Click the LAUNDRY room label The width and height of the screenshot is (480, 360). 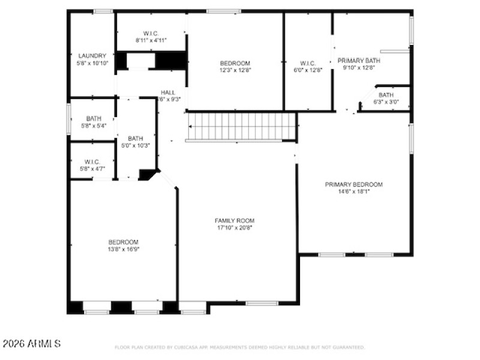92,55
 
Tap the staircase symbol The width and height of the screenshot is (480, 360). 242,127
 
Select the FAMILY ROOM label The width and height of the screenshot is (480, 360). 235,221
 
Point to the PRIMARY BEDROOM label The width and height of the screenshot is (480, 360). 353,185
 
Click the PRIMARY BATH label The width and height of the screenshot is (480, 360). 359,61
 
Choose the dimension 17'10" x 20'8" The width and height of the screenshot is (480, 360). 235,228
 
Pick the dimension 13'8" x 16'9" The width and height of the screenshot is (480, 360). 124,249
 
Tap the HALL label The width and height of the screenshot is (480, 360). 168,92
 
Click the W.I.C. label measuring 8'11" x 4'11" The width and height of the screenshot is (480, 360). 151,33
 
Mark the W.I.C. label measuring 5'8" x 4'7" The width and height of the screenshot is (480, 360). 92,161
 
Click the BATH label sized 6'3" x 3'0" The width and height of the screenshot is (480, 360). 386,95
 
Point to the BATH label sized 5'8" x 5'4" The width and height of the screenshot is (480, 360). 94,118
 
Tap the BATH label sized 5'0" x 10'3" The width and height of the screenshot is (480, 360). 135,138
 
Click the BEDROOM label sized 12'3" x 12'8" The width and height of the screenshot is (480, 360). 235,63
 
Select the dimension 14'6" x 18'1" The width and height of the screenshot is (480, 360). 353,192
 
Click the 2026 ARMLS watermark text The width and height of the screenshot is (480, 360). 32,344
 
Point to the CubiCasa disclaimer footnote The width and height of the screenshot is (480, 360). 239,347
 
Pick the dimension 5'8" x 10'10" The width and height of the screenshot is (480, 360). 92,62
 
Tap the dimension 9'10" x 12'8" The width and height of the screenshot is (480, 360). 359,68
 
